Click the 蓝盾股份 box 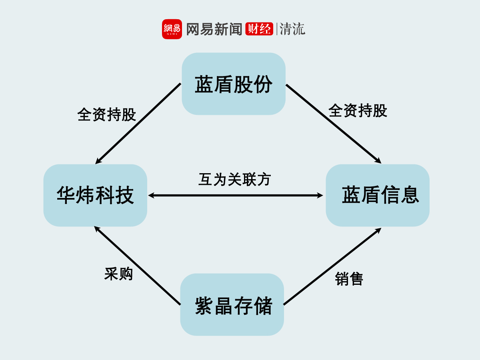[x=234, y=84]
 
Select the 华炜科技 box [x=95, y=195]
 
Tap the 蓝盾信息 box [x=378, y=195]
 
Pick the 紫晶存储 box [x=232, y=305]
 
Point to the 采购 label [x=118, y=274]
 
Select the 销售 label [x=349, y=279]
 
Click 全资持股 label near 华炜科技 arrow [x=107, y=115]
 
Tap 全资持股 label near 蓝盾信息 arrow [x=358, y=111]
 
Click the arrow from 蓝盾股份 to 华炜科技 [x=138, y=124]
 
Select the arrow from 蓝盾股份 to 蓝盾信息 [x=333, y=124]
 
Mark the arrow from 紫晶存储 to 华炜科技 [x=137, y=266]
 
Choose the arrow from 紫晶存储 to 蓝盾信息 [x=332, y=266]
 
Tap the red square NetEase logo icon [x=172, y=29]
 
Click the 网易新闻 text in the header [x=214, y=29]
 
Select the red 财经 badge [x=259, y=29]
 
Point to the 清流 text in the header [x=292, y=29]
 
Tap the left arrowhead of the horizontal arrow [x=151, y=196]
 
